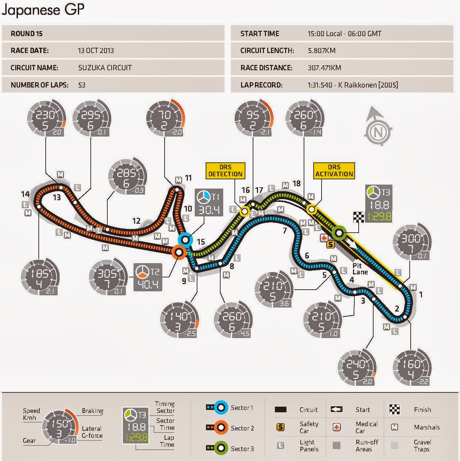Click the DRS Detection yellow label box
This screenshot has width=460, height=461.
point(225,171)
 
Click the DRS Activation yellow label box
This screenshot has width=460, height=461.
point(334,171)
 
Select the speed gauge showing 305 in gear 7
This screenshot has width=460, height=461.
point(108,277)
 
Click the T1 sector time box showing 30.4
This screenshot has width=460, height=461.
point(209,202)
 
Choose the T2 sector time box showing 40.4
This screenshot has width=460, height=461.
point(148,277)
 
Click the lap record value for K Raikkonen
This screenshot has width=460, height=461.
point(352,85)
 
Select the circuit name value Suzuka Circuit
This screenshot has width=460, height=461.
point(105,68)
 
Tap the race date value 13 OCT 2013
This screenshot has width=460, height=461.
point(96,51)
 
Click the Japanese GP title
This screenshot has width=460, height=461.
point(43,10)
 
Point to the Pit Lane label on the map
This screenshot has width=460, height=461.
point(360,269)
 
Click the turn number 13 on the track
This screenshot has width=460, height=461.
point(57,198)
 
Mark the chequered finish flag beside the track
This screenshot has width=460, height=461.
point(359,217)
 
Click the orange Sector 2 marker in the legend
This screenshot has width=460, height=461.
point(220,428)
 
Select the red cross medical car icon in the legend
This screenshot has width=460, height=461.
point(336,427)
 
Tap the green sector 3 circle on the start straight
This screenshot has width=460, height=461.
point(339,233)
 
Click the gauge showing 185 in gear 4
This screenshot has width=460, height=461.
point(40,277)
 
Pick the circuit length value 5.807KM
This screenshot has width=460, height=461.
point(321,51)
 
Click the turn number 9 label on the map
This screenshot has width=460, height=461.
point(184,281)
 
